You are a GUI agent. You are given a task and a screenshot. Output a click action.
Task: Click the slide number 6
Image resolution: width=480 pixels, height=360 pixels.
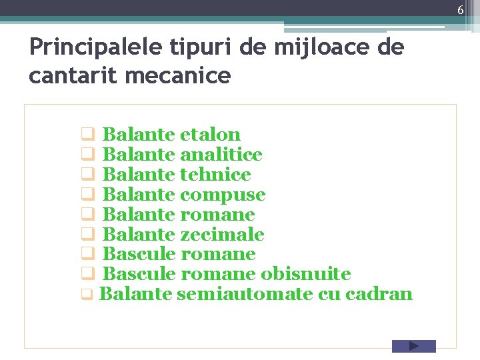(460, 9)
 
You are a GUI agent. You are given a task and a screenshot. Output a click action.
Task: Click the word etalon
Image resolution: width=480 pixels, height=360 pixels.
(210, 135)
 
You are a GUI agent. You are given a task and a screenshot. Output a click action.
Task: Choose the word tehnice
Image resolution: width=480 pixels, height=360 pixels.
(215, 175)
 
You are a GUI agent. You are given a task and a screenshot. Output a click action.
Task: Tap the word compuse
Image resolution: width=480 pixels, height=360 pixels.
(223, 195)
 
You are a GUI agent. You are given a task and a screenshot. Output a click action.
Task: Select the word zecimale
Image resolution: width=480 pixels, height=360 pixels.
(222, 235)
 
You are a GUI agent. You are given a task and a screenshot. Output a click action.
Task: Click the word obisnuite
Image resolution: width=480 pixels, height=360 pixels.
(306, 274)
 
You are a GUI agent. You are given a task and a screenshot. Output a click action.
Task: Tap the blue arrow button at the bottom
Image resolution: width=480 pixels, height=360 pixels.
(413, 346)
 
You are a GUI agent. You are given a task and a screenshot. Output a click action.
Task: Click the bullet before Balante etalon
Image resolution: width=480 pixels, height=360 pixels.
(87, 135)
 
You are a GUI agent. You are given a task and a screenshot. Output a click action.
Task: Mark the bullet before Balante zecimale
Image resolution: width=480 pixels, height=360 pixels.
(87, 235)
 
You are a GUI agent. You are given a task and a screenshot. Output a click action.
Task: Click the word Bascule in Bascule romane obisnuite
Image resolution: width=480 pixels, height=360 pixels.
(139, 274)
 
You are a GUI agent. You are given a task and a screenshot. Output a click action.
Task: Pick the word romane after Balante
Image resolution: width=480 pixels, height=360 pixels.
(217, 215)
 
